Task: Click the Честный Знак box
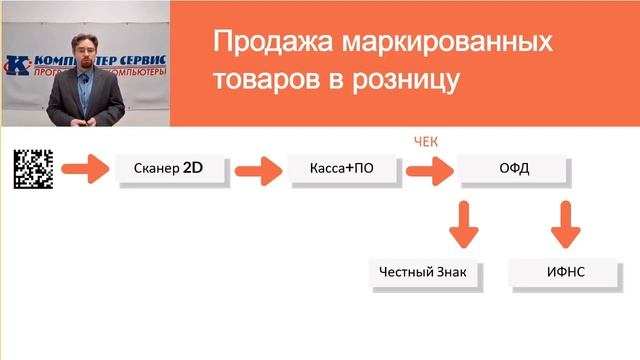423,272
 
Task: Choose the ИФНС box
564,272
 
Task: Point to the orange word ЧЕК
427,142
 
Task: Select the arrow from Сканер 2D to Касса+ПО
256,168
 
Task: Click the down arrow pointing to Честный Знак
462,224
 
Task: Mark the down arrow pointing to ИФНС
565,224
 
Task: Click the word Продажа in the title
260,43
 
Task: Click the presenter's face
86,47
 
